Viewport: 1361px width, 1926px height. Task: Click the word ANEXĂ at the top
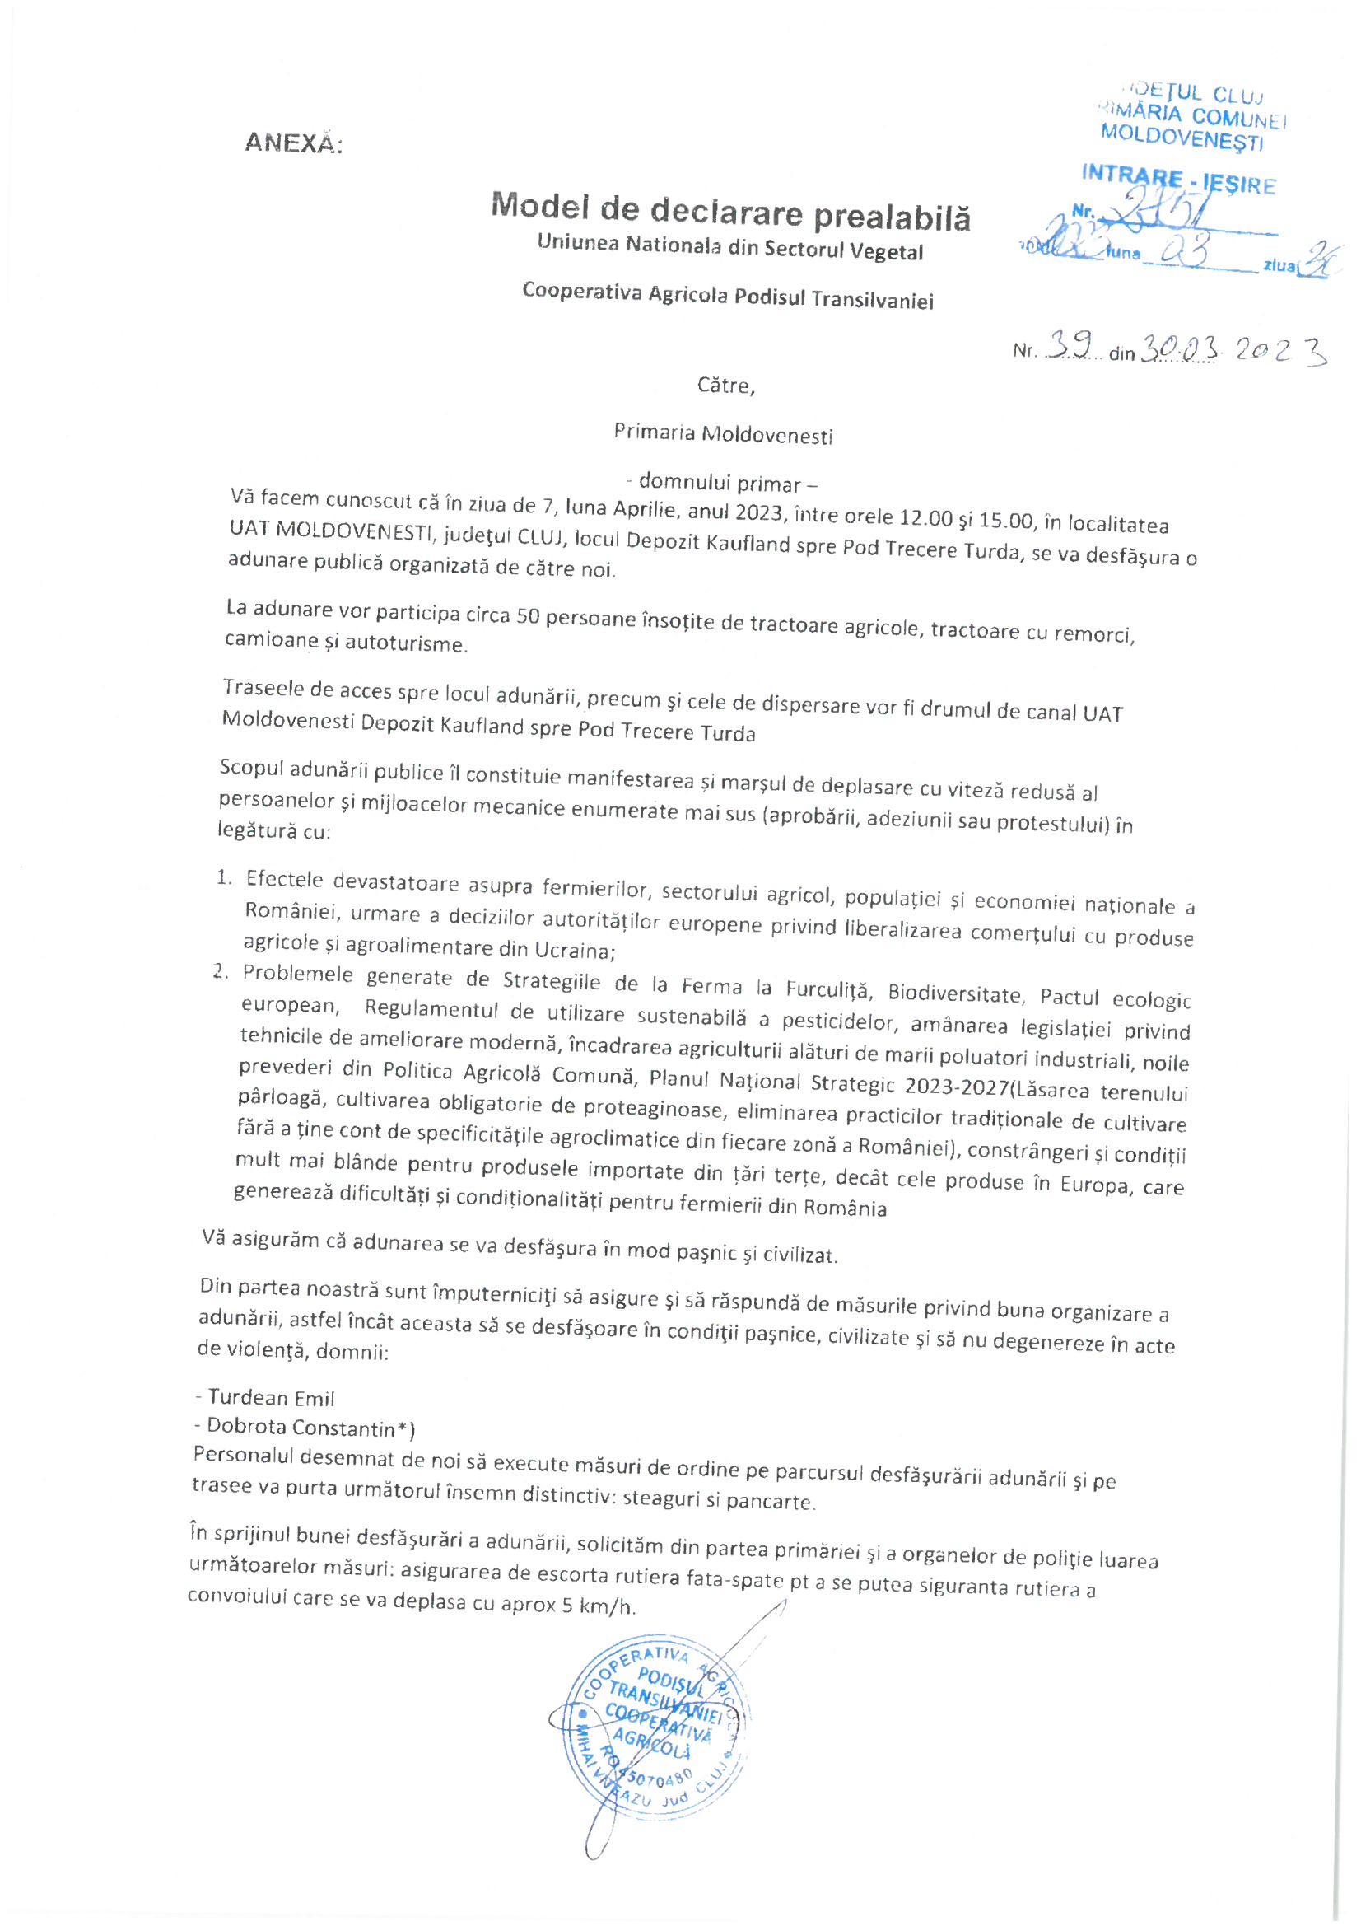tap(293, 143)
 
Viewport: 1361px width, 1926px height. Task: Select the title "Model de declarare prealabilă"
tap(730, 210)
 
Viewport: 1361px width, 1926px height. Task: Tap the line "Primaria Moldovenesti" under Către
tap(723, 433)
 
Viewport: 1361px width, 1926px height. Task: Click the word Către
tap(725, 386)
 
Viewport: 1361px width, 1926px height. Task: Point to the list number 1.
tap(224, 878)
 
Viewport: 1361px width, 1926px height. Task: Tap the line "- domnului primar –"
tap(722, 483)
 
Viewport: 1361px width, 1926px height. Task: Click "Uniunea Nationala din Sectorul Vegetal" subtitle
tap(729, 246)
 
